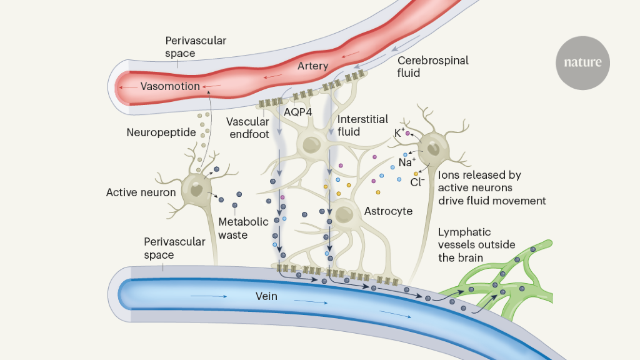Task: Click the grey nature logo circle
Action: (x=582, y=62)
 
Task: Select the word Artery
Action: (x=312, y=66)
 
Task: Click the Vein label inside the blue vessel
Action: (x=266, y=296)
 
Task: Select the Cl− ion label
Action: (x=417, y=182)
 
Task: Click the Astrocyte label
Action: (x=388, y=211)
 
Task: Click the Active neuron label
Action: (x=141, y=192)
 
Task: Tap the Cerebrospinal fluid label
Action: (x=432, y=67)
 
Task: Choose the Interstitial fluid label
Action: (x=362, y=125)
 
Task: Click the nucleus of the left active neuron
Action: (x=197, y=191)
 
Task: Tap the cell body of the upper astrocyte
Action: (x=312, y=144)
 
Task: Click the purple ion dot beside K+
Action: (x=408, y=134)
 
